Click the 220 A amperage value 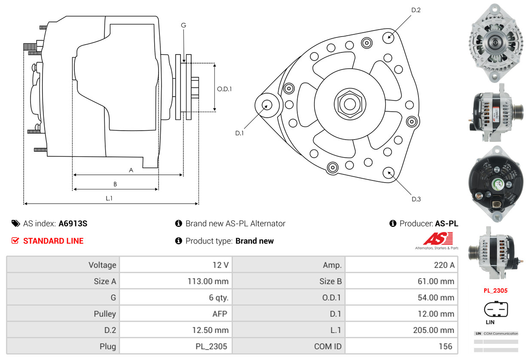pyautogui.click(x=444, y=265)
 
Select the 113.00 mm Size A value pyautogui.click(x=208, y=281)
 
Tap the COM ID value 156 pyautogui.click(x=445, y=346)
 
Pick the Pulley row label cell pyautogui.click(x=105, y=314)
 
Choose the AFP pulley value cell pyautogui.click(x=219, y=314)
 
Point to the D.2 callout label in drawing pyautogui.click(x=415, y=10)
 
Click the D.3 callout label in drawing pyautogui.click(x=416, y=199)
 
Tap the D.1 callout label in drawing pyautogui.click(x=239, y=133)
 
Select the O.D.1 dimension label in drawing pyautogui.click(x=224, y=89)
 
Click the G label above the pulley pyautogui.click(x=183, y=25)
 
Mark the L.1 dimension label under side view pyautogui.click(x=109, y=198)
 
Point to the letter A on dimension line pyautogui.click(x=131, y=170)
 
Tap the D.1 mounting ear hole pyautogui.click(x=266, y=104)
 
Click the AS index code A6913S pyautogui.click(x=73, y=223)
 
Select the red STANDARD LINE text pyautogui.click(x=53, y=241)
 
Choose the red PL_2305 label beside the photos pyautogui.click(x=495, y=290)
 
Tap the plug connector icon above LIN pyautogui.click(x=496, y=309)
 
